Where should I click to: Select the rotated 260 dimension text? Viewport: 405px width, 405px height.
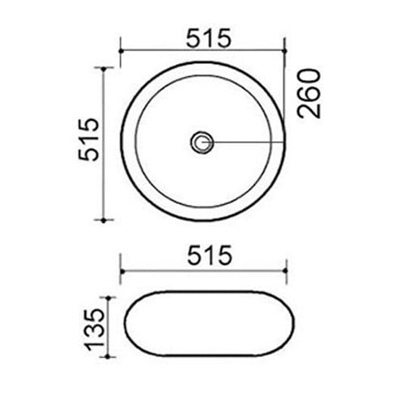309,93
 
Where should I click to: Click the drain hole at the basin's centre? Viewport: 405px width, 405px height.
201,143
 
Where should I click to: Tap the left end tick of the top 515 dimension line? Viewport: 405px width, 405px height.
121,50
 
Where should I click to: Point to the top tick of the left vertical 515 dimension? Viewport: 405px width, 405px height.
104,68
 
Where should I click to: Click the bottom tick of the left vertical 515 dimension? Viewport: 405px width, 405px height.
104,220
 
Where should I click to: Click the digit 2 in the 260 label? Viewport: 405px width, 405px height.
309,109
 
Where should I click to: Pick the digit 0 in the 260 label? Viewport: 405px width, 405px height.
309,77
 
